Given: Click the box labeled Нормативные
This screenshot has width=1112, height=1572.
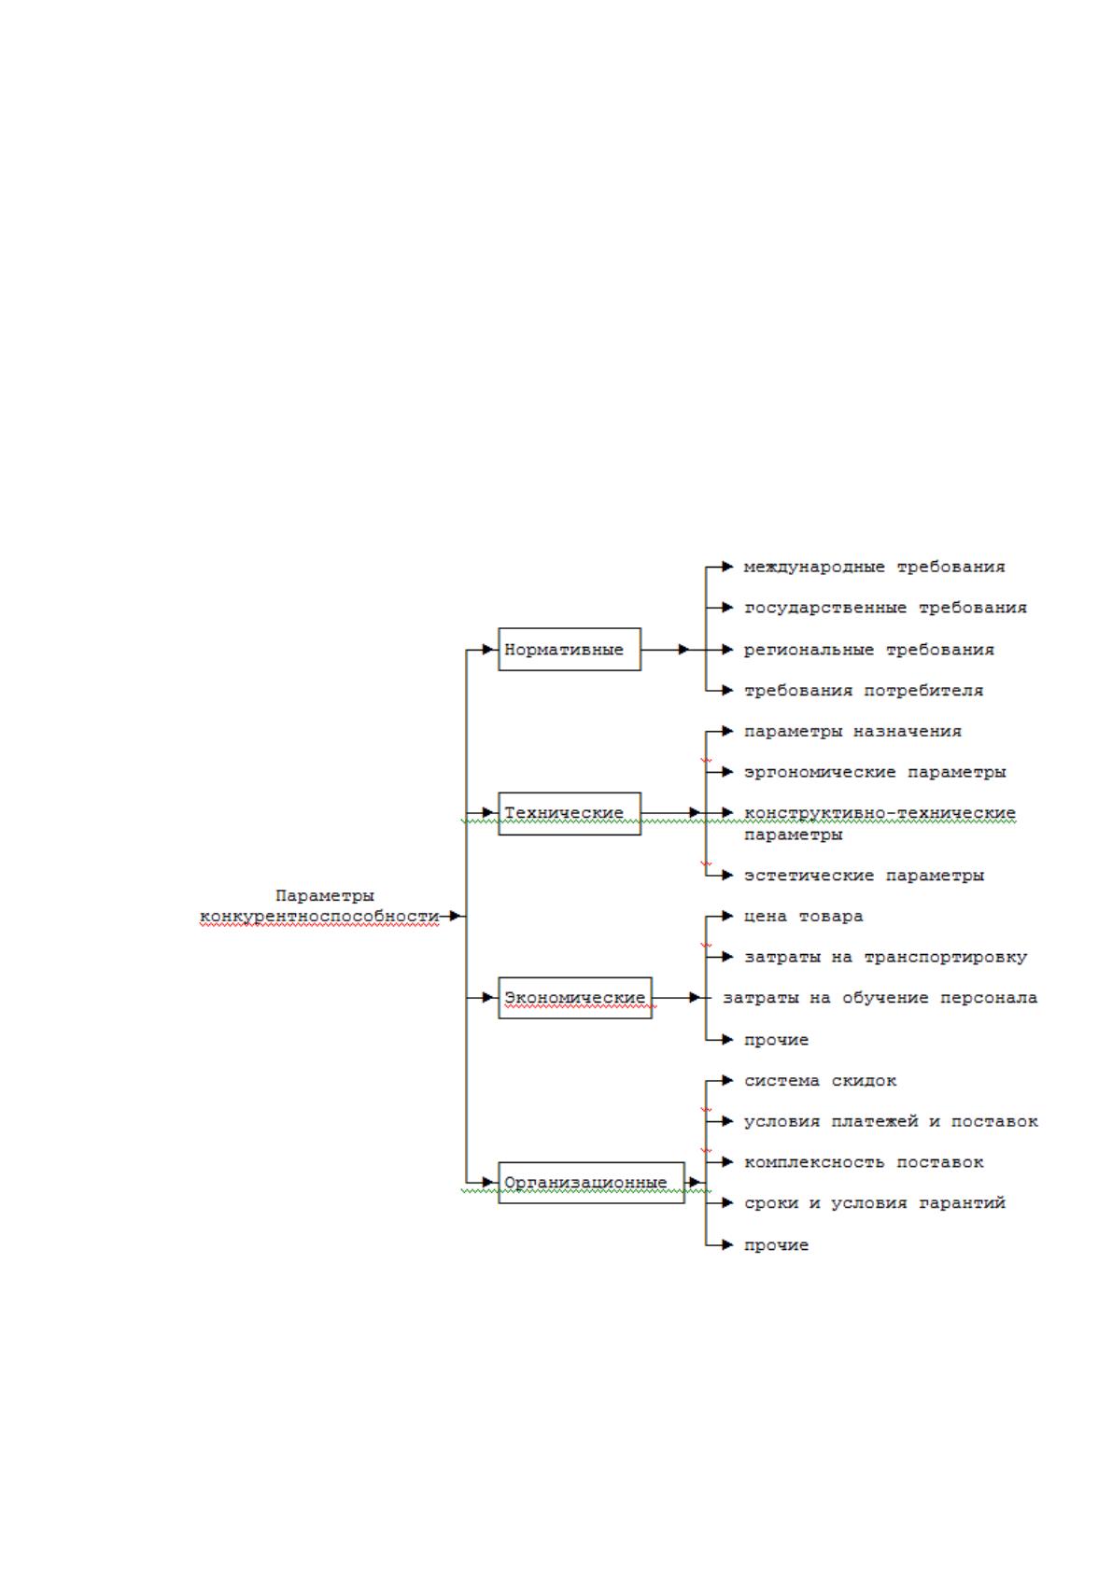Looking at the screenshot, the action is point(570,649).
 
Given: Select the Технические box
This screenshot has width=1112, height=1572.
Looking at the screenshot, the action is point(570,813).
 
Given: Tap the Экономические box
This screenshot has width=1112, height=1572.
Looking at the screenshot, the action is point(575,997).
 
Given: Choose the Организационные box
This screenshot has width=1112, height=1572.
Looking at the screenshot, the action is point(591,1183).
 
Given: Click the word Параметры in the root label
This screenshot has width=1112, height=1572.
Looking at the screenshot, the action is point(324,895).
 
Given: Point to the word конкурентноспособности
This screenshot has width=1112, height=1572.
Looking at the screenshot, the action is point(319,917).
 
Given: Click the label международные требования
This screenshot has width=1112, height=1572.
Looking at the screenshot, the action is point(874,567).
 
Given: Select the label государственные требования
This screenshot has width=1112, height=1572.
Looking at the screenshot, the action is point(884,608).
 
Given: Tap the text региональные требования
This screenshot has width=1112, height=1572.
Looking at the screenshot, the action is point(868,650).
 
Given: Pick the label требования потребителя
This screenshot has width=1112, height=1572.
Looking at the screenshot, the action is point(864,691).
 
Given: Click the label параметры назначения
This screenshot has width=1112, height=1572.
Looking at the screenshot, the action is point(852,731).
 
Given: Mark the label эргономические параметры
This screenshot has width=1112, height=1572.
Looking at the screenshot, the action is point(875,772).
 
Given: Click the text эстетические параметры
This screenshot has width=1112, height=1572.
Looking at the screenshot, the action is point(864,875).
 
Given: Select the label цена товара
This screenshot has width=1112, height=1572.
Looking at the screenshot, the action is point(803,916).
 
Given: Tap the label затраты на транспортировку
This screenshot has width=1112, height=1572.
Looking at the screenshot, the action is point(884,957).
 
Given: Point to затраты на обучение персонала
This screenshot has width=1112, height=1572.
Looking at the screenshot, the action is point(880,997).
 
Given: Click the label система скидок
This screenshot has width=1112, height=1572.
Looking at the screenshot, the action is point(820,1080).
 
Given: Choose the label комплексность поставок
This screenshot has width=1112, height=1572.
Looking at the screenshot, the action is point(864,1162).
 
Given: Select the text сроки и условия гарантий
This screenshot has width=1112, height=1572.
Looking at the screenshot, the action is point(875,1203).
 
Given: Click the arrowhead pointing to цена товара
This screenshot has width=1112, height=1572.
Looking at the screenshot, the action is point(727,916).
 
